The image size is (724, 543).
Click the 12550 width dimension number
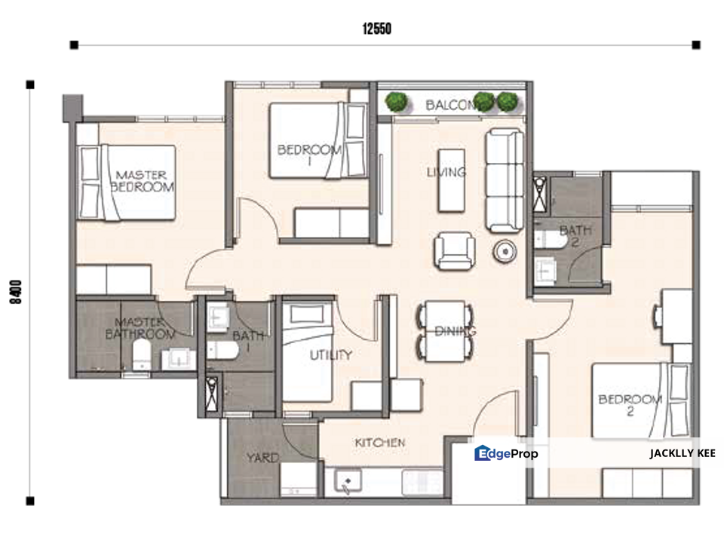[x=377, y=29]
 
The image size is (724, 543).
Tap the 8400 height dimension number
[x=16, y=292]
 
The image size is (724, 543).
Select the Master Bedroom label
[x=143, y=181]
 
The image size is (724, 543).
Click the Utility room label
[x=330, y=354]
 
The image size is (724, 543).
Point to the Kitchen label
[x=380, y=443]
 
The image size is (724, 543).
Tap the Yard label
[x=262, y=458]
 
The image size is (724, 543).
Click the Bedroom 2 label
[x=630, y=405]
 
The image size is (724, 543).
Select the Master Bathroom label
[x=140, y=328]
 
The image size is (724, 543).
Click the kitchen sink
[x=348, y=481]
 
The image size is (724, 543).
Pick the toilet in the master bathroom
[x=142, y=354]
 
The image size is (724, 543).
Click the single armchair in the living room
[x=454, y=250]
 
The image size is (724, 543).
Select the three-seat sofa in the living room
[x=505, y=180]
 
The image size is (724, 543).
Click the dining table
[x=445, y=331]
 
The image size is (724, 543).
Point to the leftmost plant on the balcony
[x=397, y=101]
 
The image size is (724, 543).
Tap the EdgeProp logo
[x=506, y=453]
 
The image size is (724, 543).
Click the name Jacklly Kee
[x=683, y=453]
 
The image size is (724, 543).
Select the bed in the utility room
[x=308, y=352]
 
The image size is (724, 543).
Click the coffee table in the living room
[x=451, y=180]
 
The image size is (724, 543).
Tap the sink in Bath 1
[x=217, y=317]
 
